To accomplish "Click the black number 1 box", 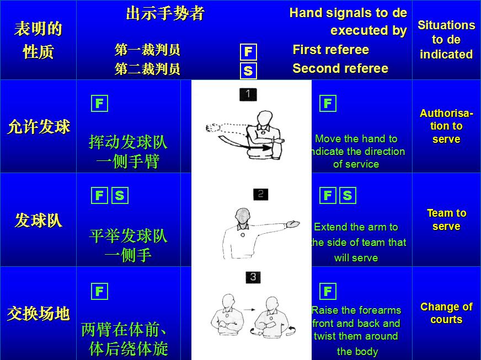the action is point(248,94).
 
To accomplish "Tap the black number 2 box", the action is point(260,194).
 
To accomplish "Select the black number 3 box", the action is point(253,277).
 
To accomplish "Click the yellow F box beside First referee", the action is point(248,51).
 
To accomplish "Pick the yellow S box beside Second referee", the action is point(248,71).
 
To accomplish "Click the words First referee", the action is point(331,50).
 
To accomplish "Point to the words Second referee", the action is point(340,68).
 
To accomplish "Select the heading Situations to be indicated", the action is point(446,40).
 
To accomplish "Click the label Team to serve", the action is point(446,219).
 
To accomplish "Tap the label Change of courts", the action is point(446,313).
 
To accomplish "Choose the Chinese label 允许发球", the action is point(39,127).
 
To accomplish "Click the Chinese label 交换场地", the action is point(39,313).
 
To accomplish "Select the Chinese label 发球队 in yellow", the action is point(39,220).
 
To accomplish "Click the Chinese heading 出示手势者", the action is point(165,13).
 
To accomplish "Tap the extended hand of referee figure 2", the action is point(292,224).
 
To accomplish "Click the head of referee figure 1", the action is point(264,118).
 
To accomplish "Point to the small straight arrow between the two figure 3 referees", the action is point(249,310).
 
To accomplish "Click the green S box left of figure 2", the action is point(120,195).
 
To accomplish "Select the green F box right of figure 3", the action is point(328,291).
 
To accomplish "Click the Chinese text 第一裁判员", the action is point(147,50).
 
